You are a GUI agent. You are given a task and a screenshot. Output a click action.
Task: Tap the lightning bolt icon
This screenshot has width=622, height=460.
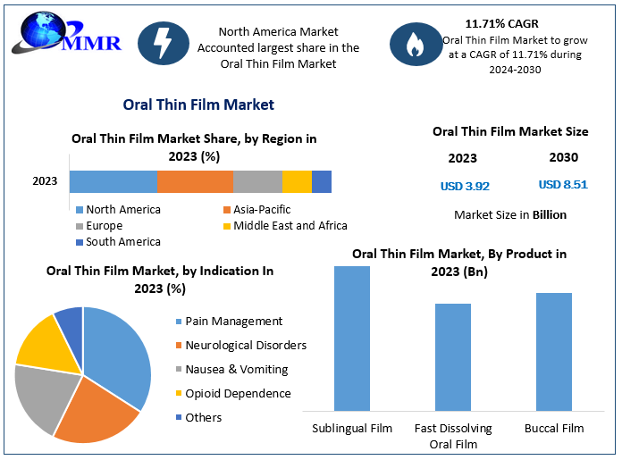164,43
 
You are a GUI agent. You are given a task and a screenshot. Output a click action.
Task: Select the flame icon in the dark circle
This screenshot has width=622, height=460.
416,43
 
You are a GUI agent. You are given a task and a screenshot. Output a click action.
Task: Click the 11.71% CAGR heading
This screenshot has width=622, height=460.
501,23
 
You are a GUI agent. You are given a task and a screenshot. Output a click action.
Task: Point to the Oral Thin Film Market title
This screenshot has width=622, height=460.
198,105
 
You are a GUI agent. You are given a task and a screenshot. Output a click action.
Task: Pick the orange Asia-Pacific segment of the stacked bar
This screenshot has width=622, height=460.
195,181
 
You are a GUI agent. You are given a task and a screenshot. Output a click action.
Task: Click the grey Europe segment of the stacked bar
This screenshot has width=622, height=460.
257,181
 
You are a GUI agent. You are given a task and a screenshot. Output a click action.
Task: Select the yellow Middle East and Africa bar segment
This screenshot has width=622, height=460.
297,181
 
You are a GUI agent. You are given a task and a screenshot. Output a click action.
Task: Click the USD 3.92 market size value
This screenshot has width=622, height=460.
465,187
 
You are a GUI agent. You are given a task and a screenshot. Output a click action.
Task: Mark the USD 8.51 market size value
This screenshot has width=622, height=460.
563,185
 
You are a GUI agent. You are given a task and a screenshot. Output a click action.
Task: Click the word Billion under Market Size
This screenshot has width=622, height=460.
549,214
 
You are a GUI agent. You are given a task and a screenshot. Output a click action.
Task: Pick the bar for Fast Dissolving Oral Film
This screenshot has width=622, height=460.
452,356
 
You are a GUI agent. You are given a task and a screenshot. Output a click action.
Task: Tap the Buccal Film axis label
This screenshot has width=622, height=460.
554,429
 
